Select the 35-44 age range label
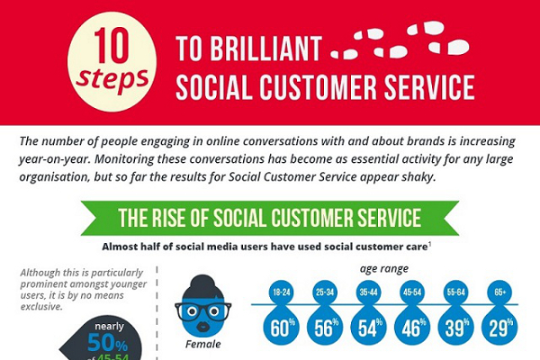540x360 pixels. [x=368, y=292]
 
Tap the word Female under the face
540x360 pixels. [x=203, y=344]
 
